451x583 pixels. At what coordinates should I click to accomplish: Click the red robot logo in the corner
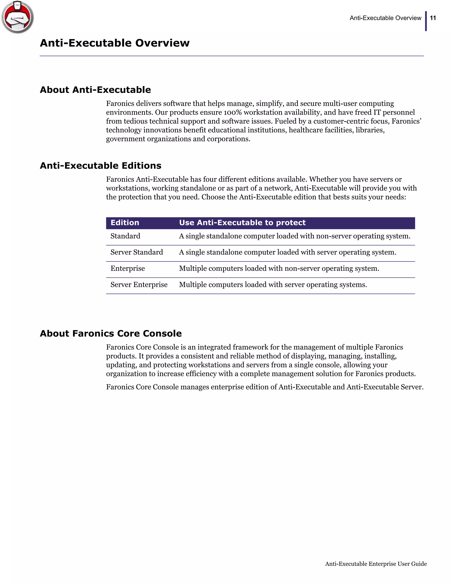18,17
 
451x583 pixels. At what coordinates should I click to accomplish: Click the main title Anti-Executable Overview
115,43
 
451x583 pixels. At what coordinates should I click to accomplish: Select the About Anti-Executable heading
95,90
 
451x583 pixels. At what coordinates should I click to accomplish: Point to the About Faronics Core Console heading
111,333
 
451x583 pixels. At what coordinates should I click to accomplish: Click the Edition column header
125,223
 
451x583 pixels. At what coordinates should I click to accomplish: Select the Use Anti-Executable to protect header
242,223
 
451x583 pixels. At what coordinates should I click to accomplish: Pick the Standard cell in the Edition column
125,236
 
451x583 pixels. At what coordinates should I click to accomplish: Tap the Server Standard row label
137,252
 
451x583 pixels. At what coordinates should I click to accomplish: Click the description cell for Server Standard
287,252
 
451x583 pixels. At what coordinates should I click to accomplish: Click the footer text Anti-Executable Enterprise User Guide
376,564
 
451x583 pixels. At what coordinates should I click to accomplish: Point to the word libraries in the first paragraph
370,130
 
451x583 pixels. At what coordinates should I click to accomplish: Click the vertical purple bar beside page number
426,21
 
